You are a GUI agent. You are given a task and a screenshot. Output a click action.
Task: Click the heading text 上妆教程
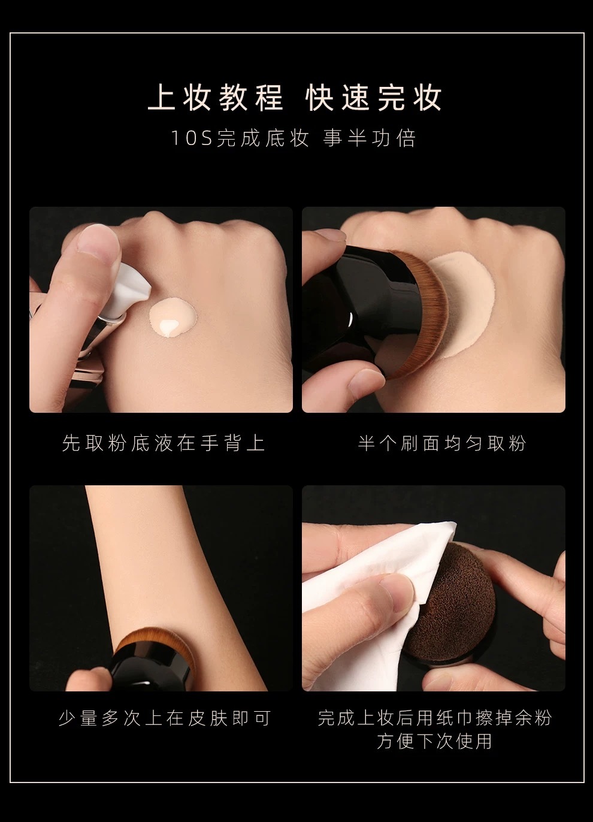point(216,98)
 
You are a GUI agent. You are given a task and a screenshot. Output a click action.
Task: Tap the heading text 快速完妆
point(374,98)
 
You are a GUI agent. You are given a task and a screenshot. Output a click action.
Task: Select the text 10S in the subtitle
point(192,138)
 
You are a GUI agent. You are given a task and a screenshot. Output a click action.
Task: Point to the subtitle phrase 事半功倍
point(369,138)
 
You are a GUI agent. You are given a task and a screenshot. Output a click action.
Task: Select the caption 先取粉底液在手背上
point(164,443)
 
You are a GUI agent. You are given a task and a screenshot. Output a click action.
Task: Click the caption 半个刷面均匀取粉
point(442,443)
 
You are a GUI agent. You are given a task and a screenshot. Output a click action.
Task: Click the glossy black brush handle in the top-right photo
point(358,312)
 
